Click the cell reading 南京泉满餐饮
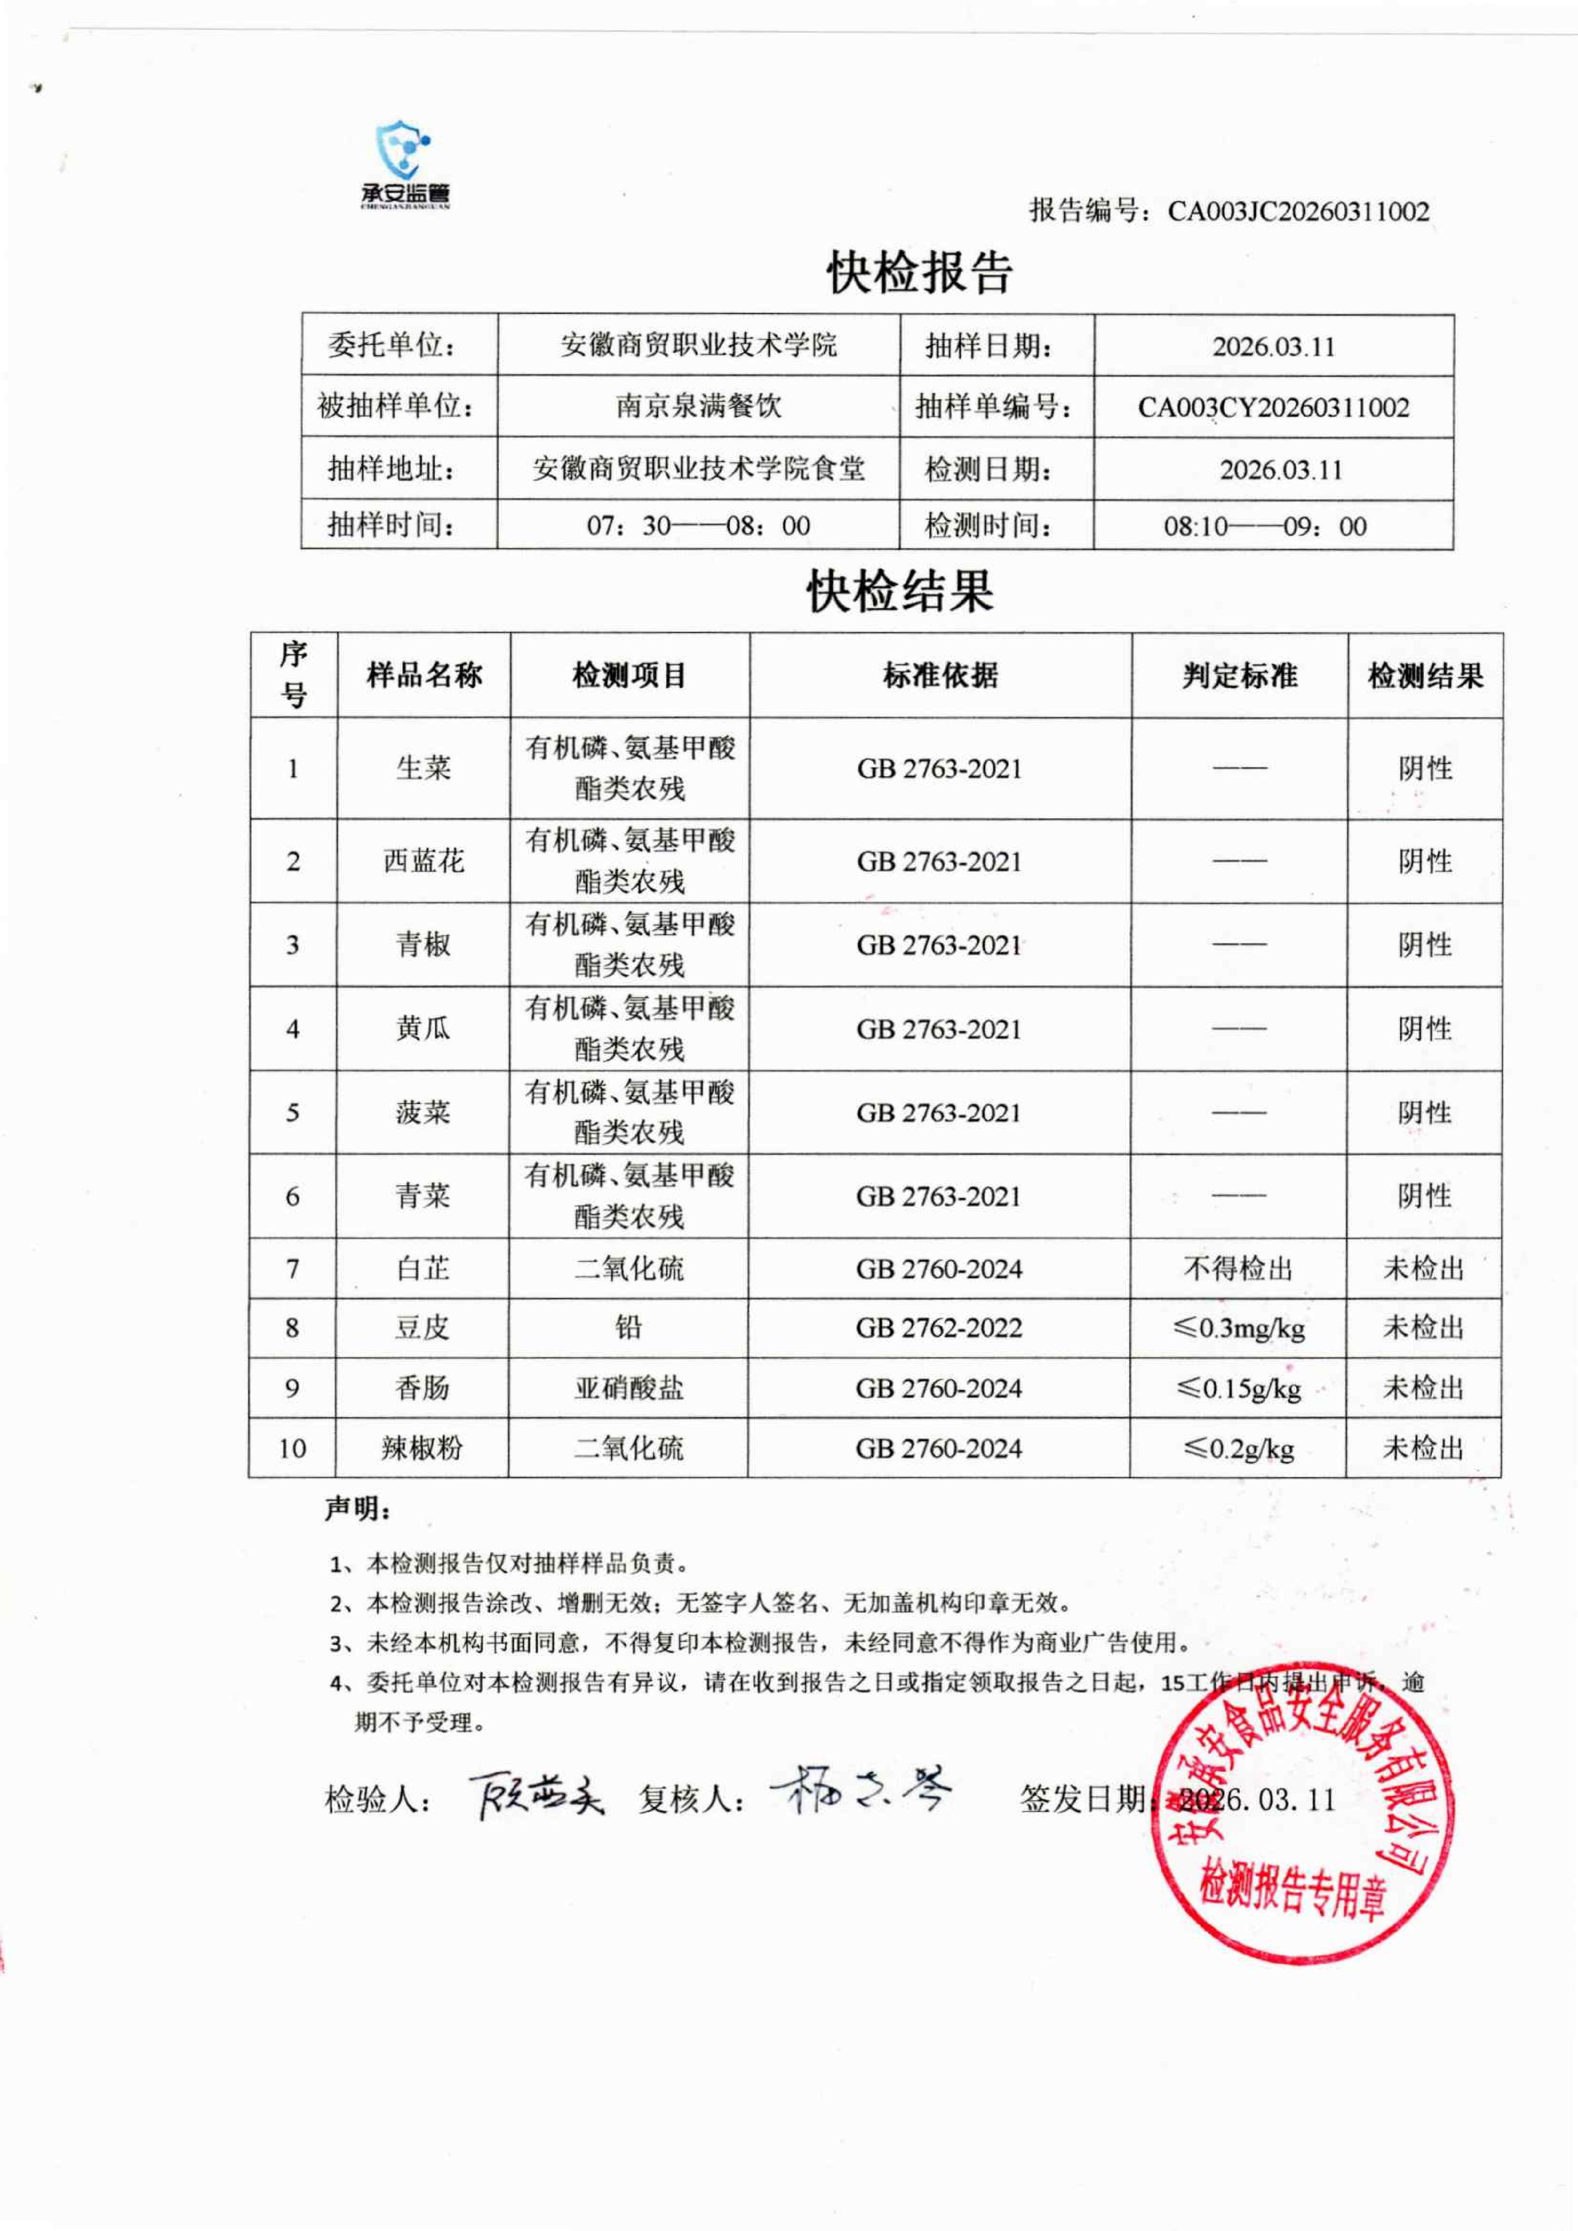pos(698,406)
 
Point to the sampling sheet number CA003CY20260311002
pos(1273,407)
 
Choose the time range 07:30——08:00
pos(698,526)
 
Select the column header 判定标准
pos(1239,675)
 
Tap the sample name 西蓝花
pos(424,861)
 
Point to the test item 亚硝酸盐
pos(629,1387)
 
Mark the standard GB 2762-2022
pos(939,1328)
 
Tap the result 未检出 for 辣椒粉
pos(1423,1448)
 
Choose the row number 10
pos(292,1448)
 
